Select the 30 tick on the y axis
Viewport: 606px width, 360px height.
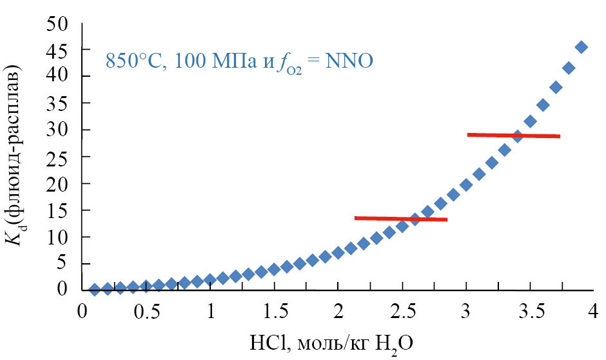point(57,130)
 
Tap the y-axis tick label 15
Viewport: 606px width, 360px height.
point(57,210)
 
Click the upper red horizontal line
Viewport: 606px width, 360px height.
point(514,135)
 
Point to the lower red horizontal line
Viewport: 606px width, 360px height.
point(400,219)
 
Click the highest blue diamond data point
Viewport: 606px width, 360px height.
point(581,47)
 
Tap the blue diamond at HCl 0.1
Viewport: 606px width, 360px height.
point(95,290)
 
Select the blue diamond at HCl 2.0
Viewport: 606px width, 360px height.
point(338,252)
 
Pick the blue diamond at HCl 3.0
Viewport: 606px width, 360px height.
point(466,185)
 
